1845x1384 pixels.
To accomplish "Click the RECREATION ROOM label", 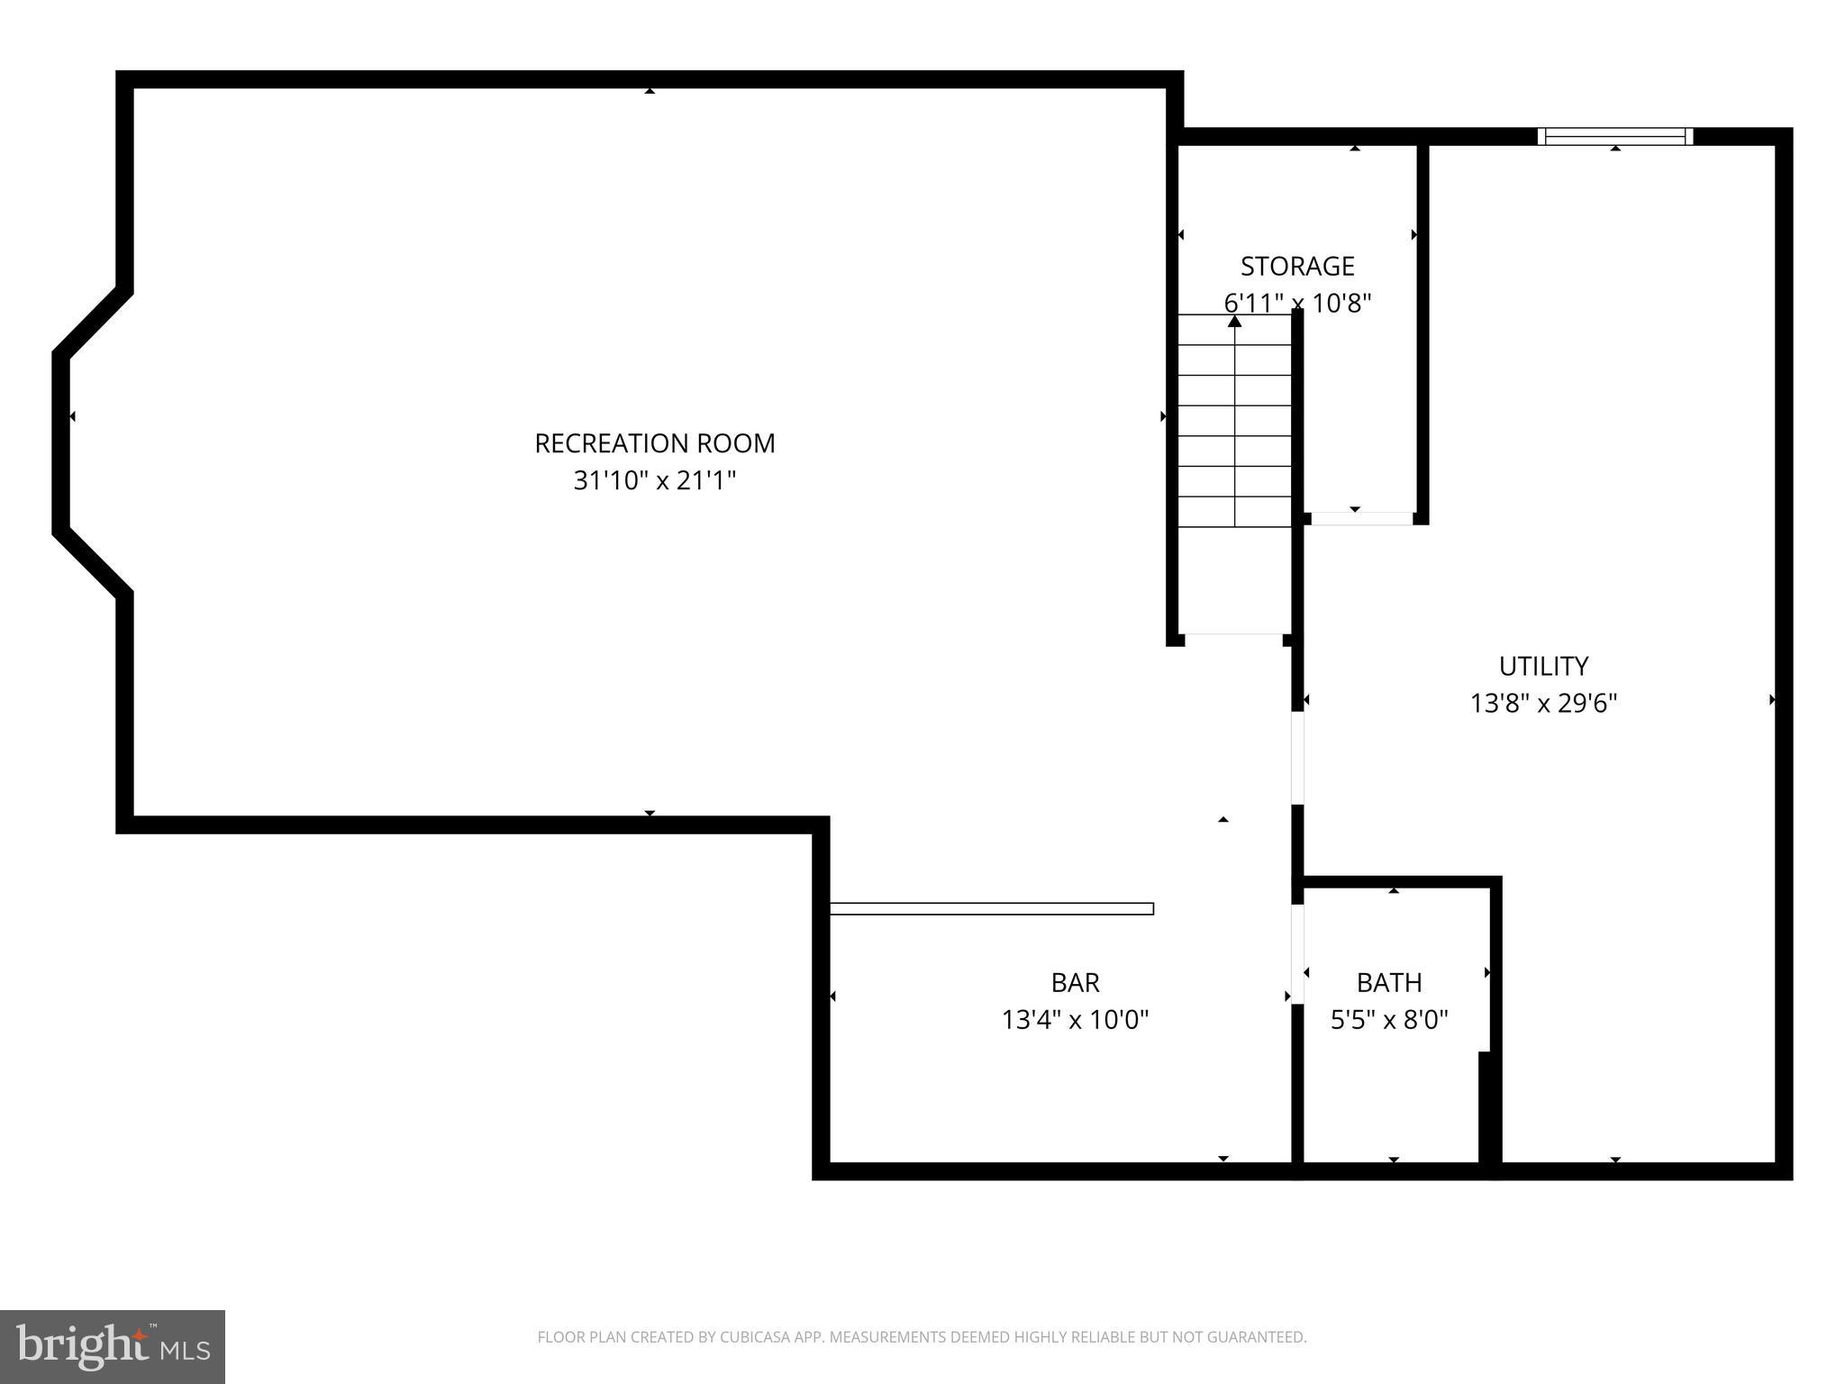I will pos(654,443).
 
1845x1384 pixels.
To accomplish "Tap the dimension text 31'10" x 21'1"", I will pos(654,481).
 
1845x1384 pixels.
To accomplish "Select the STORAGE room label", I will pos(1297,266).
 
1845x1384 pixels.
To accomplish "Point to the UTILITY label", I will pos(1543,666).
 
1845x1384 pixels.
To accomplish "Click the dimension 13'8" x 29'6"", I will pos(1543,703).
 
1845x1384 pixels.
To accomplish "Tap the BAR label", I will pos(1075,982).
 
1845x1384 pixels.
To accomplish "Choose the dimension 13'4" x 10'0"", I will pos(1075,1020).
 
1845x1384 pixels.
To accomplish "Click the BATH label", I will pos(1389,982).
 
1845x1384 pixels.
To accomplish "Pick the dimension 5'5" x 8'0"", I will pos(1389,1020).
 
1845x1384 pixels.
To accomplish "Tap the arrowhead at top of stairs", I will pos(1234,321).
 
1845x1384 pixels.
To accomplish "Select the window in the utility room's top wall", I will pos(1615,136).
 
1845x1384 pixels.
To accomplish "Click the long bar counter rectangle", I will pos(991,908).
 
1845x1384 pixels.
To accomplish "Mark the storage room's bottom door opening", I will pos(1361,518).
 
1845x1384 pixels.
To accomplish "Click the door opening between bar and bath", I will pos(1297,953).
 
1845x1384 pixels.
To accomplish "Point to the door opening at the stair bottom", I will pos(1233,639).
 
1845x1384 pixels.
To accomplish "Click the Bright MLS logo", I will pos(113,1346).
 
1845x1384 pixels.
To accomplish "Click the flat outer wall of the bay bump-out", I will pos(61,443).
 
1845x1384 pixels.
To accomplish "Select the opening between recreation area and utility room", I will pos(1297,757).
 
